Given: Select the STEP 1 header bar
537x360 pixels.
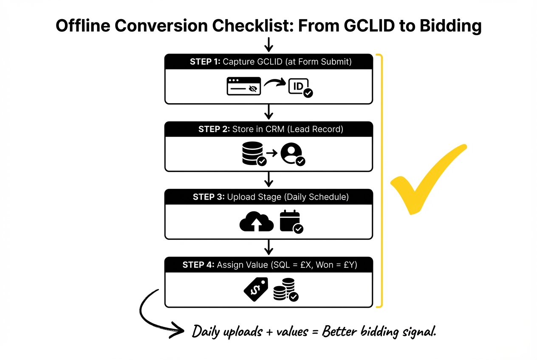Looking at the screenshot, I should pos(268,62).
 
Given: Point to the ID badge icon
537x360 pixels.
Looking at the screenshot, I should pos(299,87).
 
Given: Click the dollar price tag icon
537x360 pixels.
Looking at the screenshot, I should pos(256,289).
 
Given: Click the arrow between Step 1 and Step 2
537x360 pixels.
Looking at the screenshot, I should pos(268,112).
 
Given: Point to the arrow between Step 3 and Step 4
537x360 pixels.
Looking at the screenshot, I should pos(268,247).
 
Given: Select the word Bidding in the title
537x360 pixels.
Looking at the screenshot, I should pos(450,26).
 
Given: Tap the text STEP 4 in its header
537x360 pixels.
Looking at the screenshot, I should pos(198,265).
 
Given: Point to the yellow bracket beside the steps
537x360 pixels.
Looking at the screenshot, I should pos(383,180).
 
